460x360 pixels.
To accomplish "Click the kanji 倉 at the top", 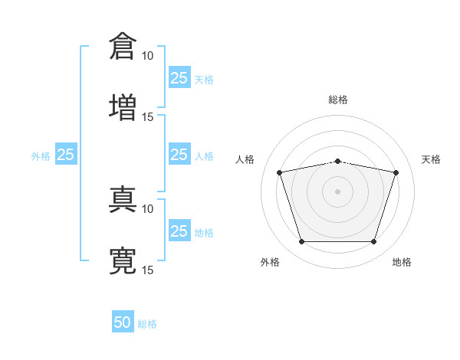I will (123, 47).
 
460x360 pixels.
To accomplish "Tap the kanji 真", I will (123, 199).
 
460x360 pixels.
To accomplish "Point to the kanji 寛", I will (123, 260).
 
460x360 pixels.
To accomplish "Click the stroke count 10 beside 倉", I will (148, 56).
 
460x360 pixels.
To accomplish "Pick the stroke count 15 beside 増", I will (148, 116).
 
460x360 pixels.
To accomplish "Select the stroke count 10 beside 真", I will (148, 208).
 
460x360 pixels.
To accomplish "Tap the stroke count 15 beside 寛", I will (148, 270).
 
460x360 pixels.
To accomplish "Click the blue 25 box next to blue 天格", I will (179, 78).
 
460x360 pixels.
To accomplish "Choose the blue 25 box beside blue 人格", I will (179, 155).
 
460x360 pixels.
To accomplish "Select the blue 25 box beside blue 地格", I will (179, 231).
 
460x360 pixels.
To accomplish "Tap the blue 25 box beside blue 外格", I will (66, 155).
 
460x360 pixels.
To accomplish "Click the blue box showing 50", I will (123, 323).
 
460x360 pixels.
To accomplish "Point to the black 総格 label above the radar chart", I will (338, 100).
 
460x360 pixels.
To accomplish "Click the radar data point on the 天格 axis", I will (396, 173).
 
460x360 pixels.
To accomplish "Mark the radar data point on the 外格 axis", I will (301, 242).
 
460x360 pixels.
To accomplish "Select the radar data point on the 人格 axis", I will (280, 173).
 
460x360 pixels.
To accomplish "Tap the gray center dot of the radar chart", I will (338, 191).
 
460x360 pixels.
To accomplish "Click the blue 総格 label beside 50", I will (147, 324).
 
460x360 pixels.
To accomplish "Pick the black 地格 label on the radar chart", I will (402, 262).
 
